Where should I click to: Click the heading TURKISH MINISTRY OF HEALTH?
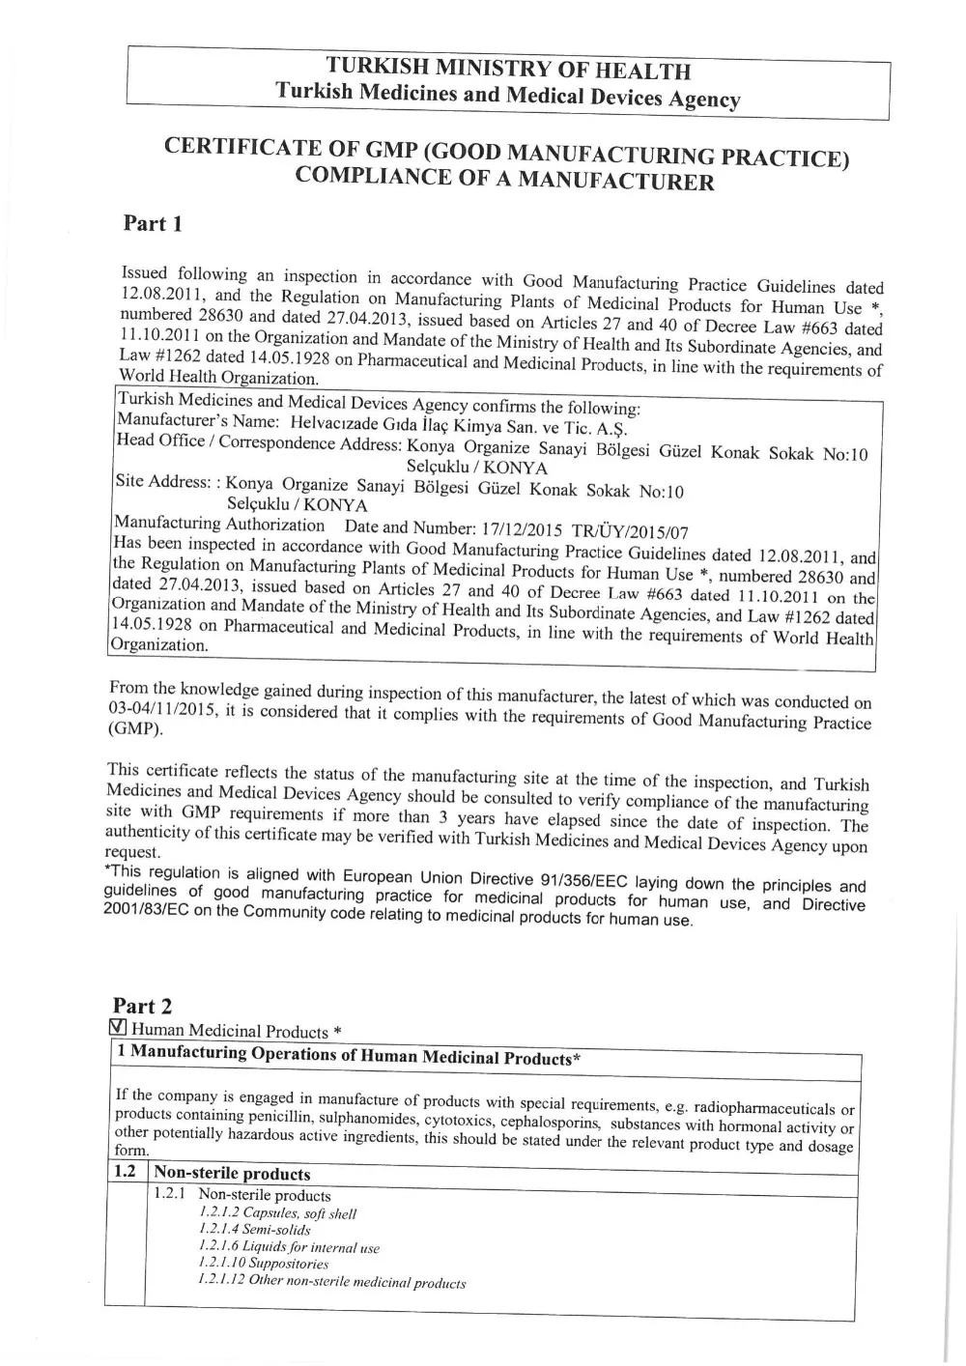(508, 70)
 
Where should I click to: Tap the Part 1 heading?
(153, 224)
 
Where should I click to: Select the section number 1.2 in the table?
(124, 1172)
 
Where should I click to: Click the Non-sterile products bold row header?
(232, 1174)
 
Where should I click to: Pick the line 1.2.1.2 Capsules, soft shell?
(277, 1213)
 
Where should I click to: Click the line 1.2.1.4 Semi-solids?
(254, 1230)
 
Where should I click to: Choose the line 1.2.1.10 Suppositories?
(263, 1263)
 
